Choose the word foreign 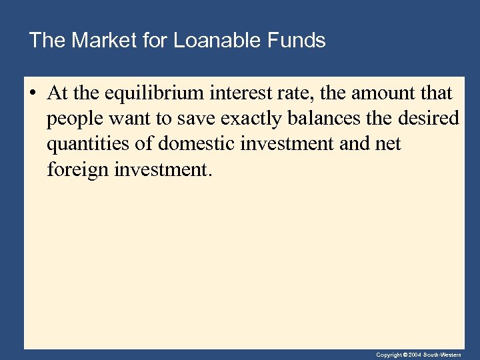pyautogui.click(x=77, y=170)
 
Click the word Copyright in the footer pyautogui.click(x=388, y=355)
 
